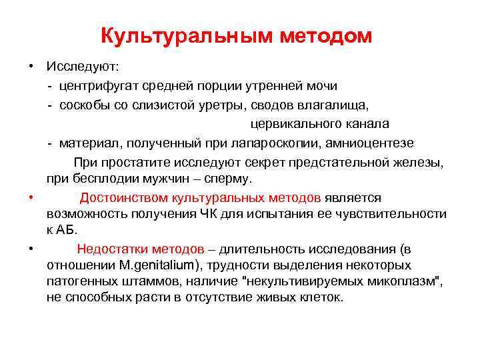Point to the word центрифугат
[95, 86]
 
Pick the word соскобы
[83, 105]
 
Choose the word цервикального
[293, 124]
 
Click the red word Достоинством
[123, 198]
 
